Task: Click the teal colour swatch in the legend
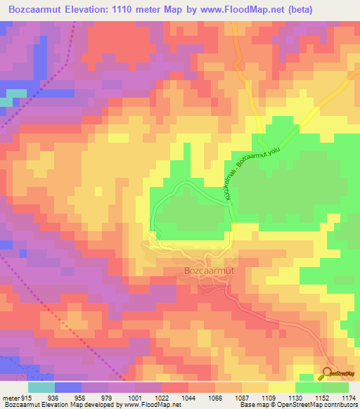41,388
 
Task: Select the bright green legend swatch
308,388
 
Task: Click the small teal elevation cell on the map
6,102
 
